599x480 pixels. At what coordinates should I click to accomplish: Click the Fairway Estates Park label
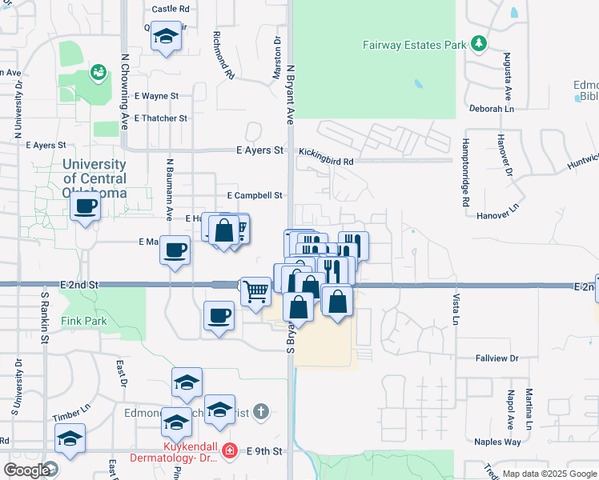414,46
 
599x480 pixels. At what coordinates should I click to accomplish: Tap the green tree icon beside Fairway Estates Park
479,42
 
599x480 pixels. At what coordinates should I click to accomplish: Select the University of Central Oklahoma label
94,178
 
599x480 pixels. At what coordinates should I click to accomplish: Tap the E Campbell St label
255,195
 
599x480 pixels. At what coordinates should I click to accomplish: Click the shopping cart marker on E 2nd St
255,291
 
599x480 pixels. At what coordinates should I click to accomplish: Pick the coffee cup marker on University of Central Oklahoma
85,207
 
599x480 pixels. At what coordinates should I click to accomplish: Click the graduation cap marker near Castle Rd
167,37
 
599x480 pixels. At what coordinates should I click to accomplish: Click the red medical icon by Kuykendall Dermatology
230,451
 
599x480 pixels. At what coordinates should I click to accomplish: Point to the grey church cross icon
260,412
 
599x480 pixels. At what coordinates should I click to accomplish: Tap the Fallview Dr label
496,358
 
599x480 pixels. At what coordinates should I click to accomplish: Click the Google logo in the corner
26,470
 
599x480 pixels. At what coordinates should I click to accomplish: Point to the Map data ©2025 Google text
549,474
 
